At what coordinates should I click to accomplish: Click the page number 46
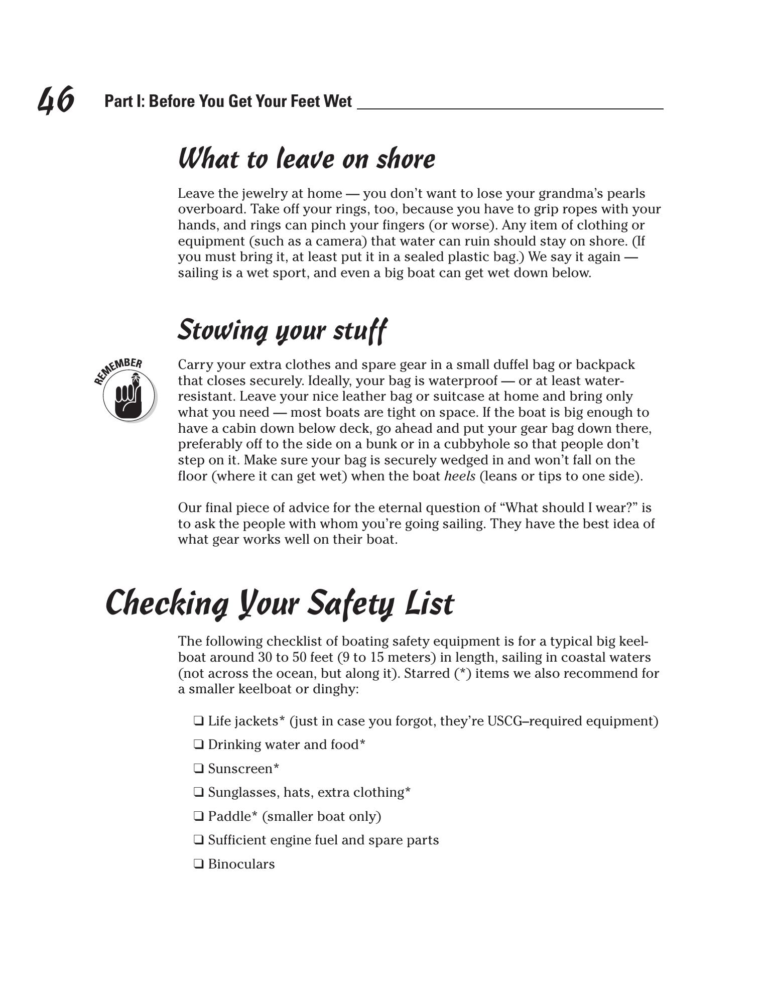(x=56, y=99)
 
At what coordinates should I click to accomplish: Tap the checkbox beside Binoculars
(x=199, y=864)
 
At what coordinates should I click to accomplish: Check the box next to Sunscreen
(x=199, y=769)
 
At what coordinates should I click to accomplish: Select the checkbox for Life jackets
(x=199, y=721)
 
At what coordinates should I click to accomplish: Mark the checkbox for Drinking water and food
(x=199, y=744)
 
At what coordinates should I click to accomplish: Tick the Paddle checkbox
(x=199, y=816)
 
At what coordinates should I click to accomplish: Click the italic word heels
(x=460, y=476)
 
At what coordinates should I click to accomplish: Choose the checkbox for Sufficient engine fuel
(x=199, y=840)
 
